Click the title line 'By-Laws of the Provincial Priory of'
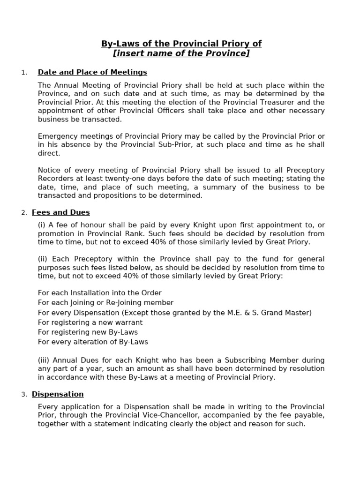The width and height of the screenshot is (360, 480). [x=181, y=44]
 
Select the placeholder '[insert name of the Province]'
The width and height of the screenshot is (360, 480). [x=181, y=53]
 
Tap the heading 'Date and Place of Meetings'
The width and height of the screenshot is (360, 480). [x=92, y=72]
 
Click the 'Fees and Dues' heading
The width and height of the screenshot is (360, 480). [x=61, y=212]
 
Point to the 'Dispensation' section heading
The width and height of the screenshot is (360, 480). [x=58, y=394]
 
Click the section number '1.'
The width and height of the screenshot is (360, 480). [x=24, y=73]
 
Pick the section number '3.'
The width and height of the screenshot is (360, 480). [x=24, y=395]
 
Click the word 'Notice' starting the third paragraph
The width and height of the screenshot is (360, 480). [x=49, y=170]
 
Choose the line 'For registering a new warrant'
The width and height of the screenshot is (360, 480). [x=90, y=322]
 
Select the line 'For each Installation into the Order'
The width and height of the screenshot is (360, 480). [x=100, y=293]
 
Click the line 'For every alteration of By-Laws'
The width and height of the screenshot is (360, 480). [x=93, y=342]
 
